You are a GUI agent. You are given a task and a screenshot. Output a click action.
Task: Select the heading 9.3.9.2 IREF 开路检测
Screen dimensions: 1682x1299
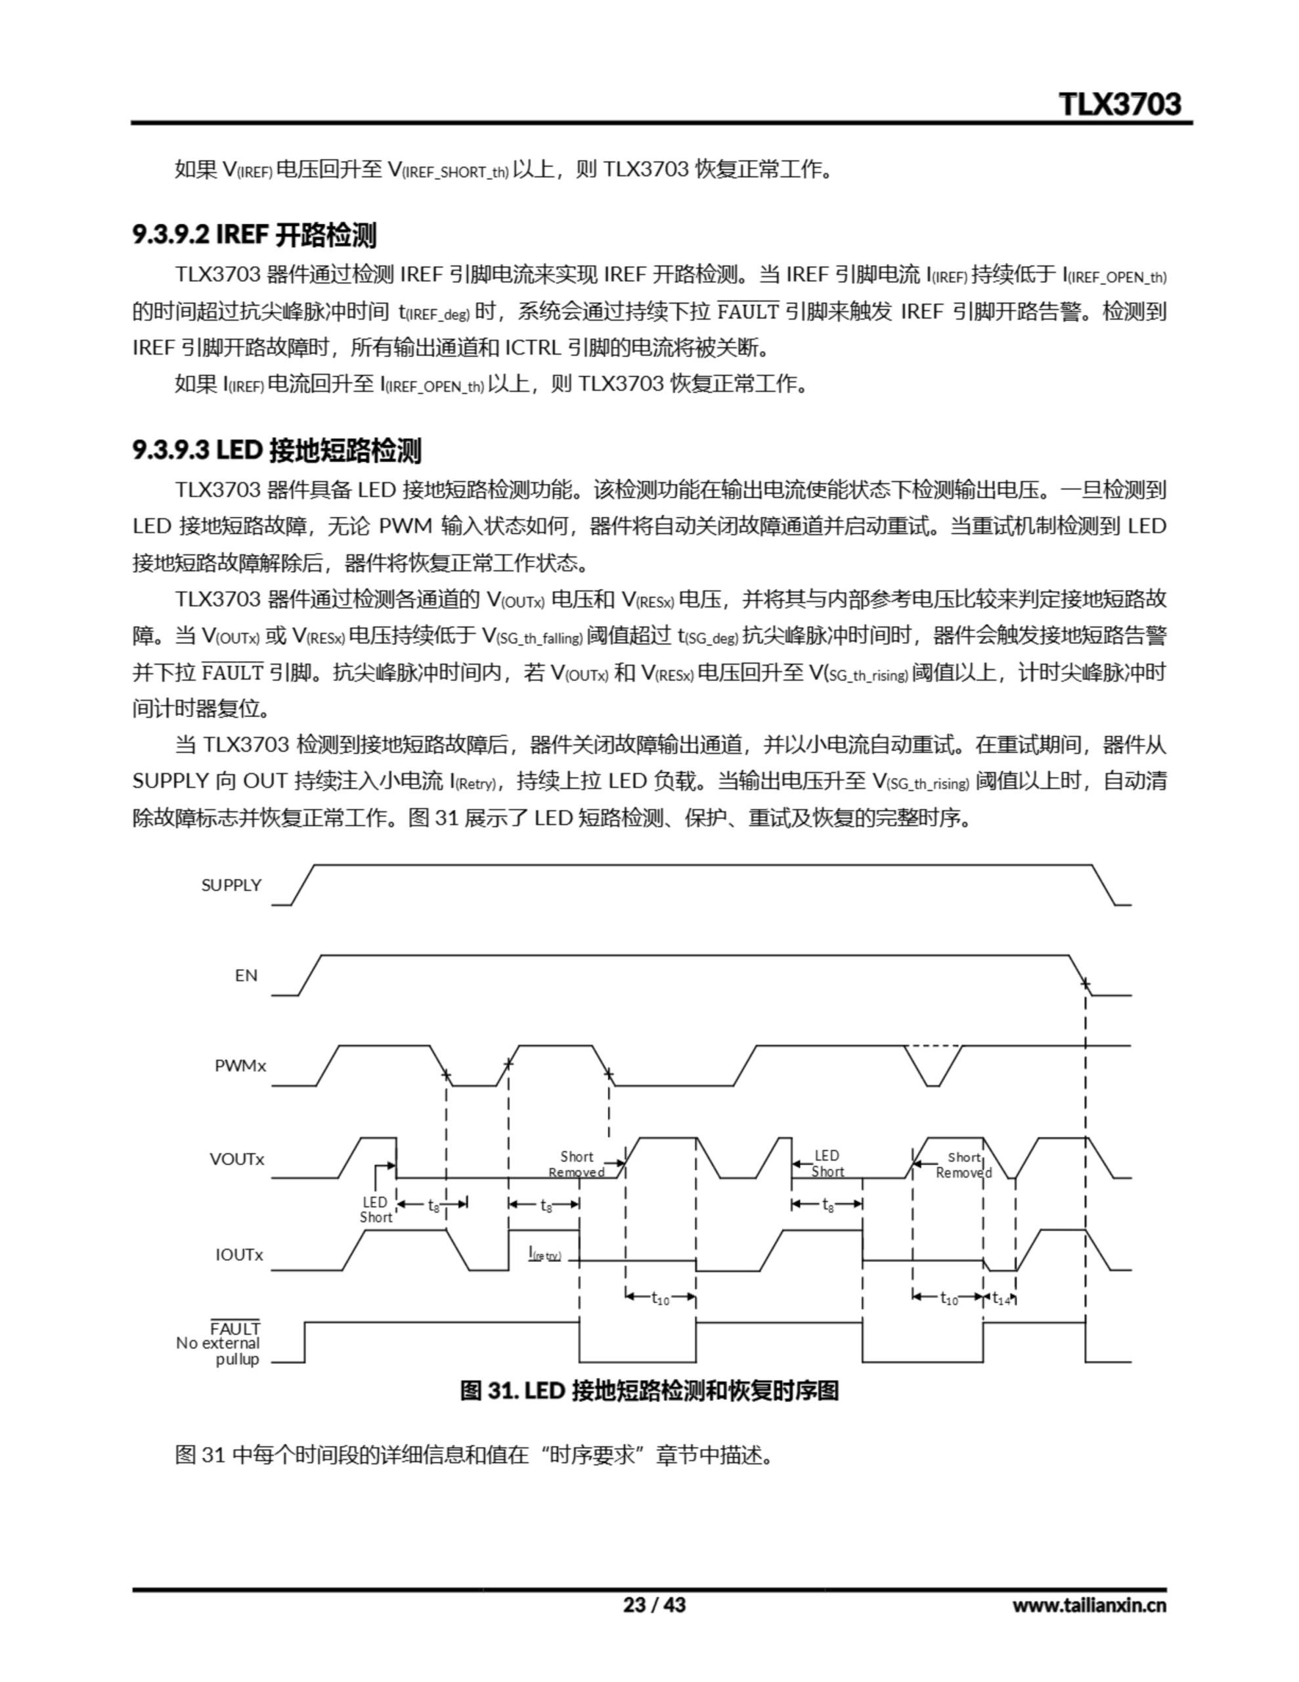pyautogui.click(x=254, y=235)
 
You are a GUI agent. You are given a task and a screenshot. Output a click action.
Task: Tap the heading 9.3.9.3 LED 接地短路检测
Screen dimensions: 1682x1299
pyautogui.click(x=276, y=451)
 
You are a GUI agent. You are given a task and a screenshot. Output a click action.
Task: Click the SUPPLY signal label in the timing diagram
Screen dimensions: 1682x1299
pyautogui.click(x=231, y=885)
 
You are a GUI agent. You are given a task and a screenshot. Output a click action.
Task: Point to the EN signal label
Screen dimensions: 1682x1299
pyautogui.click(x=246, y=975)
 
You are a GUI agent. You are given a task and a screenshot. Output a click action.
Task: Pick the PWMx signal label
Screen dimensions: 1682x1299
pyautogui.click(x=240, y=1066)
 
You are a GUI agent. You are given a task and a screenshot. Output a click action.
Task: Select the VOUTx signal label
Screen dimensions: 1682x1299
pyautogui.click(x=236, y=1159)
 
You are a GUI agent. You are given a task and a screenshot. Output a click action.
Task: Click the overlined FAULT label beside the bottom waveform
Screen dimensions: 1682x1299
pyautogui.click(x=235, y=1329)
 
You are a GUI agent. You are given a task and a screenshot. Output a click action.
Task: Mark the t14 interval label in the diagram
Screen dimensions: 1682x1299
pyautogui.click(x=1000, y=1298)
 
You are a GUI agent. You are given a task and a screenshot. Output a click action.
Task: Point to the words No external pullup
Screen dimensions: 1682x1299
pyautogui.click(x=218, y=1352)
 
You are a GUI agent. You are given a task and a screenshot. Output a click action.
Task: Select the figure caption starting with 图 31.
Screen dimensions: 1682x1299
pyautogui.click(x=648, y=1391)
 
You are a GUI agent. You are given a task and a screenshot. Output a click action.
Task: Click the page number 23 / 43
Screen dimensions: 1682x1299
pyautogui.click(x=653, y=1604)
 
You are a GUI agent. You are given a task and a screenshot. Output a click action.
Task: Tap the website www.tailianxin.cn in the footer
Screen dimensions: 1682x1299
pyautogui.click(x=1089, y=1604)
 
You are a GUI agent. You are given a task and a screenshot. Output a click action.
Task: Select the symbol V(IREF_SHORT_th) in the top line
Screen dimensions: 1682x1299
pyautogui.click(x=448, y=170)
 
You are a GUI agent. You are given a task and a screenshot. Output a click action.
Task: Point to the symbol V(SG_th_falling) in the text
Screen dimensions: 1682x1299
pyautogui.click(x=532, y=636)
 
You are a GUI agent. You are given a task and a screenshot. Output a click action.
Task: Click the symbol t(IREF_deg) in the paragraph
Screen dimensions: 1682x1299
pyautogui.click(x=433, y=312)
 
